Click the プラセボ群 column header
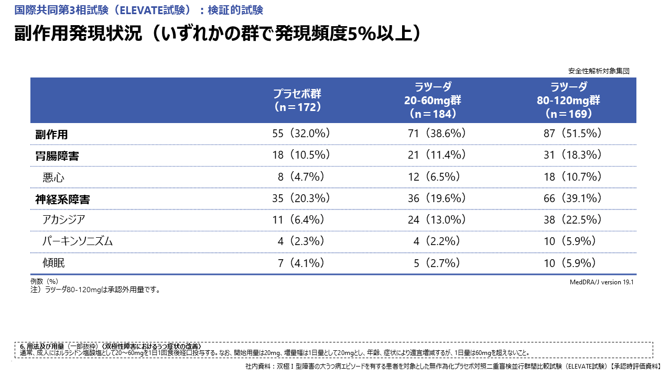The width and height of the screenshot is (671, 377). pos(297,100)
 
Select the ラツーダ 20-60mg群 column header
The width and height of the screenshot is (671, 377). pos(432,100)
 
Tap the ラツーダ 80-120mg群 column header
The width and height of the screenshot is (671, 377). pos(568,100)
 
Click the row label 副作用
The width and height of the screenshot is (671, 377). pos(51,134)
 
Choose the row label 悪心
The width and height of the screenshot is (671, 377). pos(53,178)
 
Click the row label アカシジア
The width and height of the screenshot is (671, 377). pos(64,220)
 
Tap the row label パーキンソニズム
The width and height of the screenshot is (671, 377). pos(78,241)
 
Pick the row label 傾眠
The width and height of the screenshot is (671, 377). pos(53,263)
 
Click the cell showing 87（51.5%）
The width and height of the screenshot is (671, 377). pos(572,134)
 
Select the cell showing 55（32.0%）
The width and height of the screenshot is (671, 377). pos(301,134)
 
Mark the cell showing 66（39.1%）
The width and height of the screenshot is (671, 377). pos(572,198)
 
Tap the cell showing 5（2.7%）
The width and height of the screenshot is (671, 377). pos(437,263)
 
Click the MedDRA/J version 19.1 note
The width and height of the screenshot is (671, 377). pos(602,282)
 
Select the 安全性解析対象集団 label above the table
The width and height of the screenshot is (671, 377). pos(598,71)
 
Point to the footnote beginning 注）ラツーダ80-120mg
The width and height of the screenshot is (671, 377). pos(95,289)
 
